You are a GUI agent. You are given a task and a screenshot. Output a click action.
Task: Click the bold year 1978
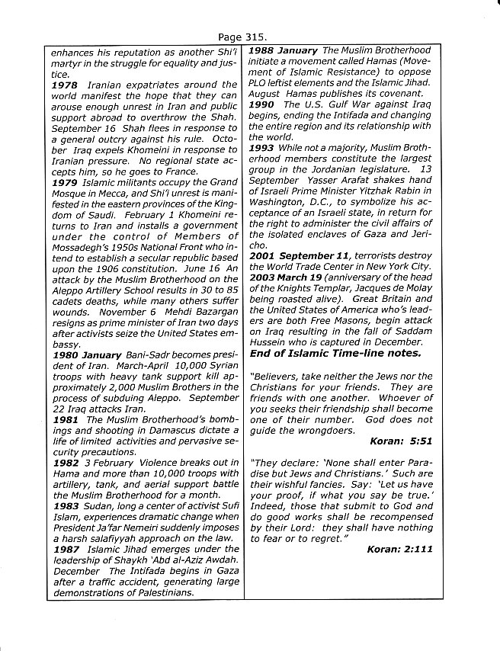[64, 85]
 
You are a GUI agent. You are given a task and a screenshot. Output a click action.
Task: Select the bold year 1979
[64, 183]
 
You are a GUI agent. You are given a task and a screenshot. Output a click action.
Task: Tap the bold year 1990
[263, 104]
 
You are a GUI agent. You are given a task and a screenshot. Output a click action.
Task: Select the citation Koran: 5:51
[400, 441]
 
